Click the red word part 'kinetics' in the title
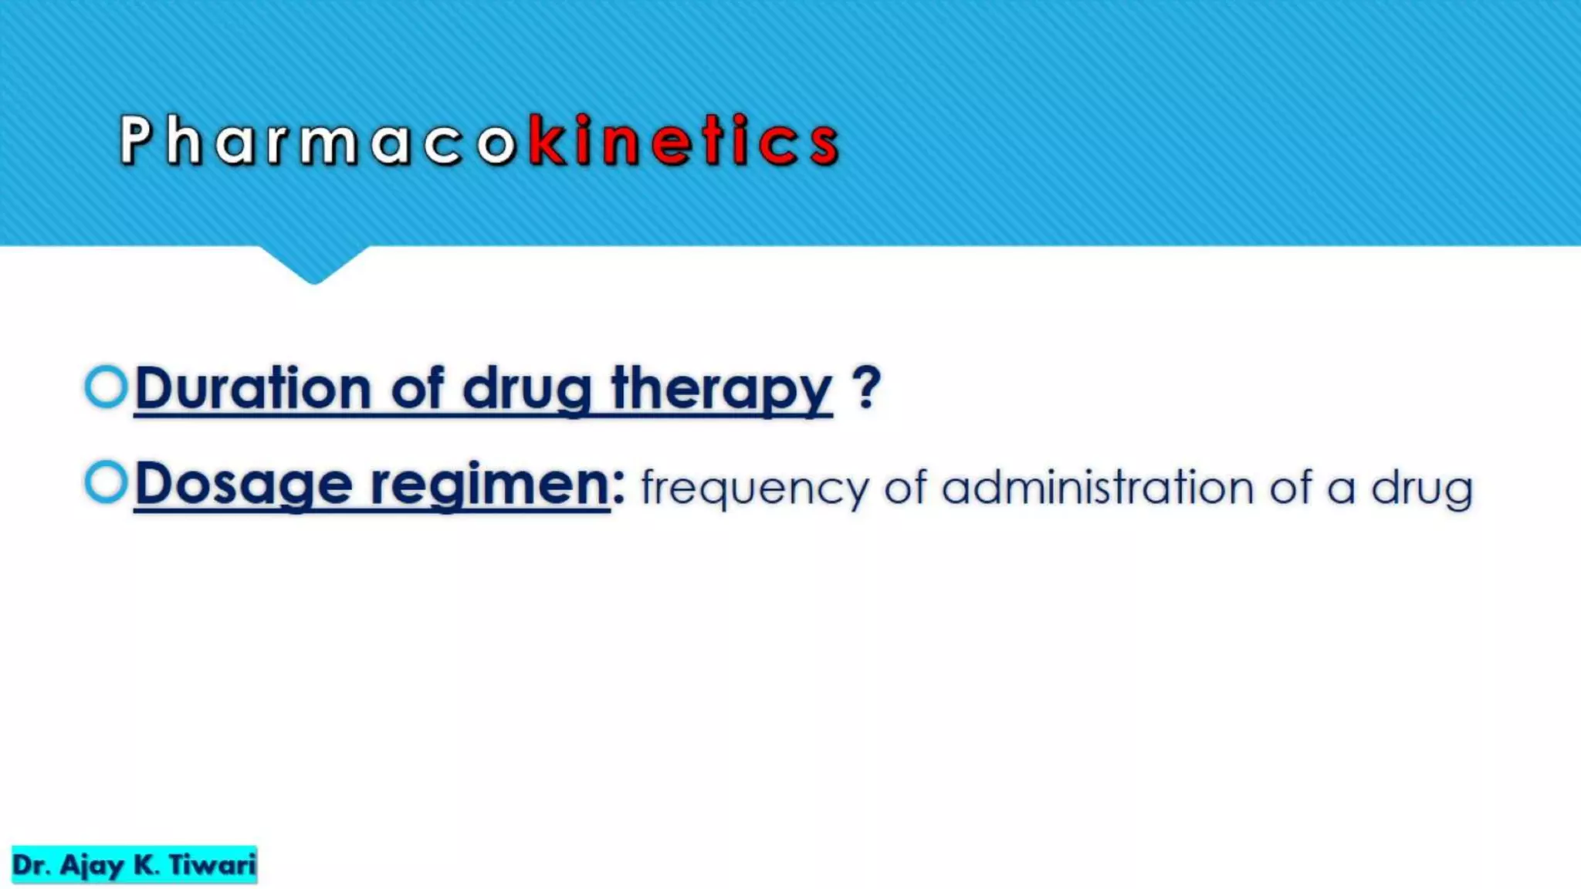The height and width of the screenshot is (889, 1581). [x=684, y=140]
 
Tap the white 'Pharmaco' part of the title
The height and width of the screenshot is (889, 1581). [x=317, y=140]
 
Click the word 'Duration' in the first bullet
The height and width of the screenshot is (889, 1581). [x=253, y=387]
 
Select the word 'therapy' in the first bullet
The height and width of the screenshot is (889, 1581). [x=721, y=389]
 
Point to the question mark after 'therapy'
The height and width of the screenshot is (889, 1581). [x=866, y=387]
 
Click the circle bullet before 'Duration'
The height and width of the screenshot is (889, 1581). [x=106, y=386]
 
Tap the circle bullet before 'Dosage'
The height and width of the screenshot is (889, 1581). [x=106, y=482]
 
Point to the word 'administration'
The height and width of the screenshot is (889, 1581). [x=1098, y=488]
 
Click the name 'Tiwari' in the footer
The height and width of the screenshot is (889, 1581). [x=212, y=865]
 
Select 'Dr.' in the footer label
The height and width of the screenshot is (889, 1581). [x=31, y=865]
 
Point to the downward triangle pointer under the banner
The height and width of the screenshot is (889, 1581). [x=313, y=264]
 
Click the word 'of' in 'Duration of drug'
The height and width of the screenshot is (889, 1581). [x=417, y=387]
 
